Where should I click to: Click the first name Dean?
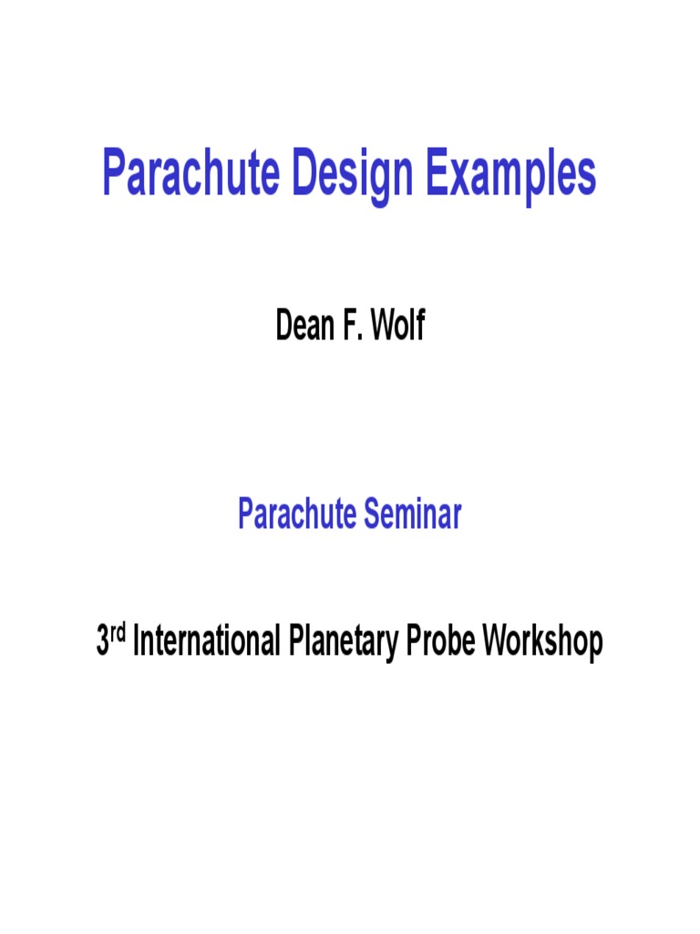click(305, 326)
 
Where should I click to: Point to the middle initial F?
click(352, 326)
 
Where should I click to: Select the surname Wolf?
click(397, 326)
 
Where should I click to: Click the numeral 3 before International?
click(103, 642)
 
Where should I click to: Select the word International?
click(207, 642)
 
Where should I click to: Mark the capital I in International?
click(137, 642)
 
